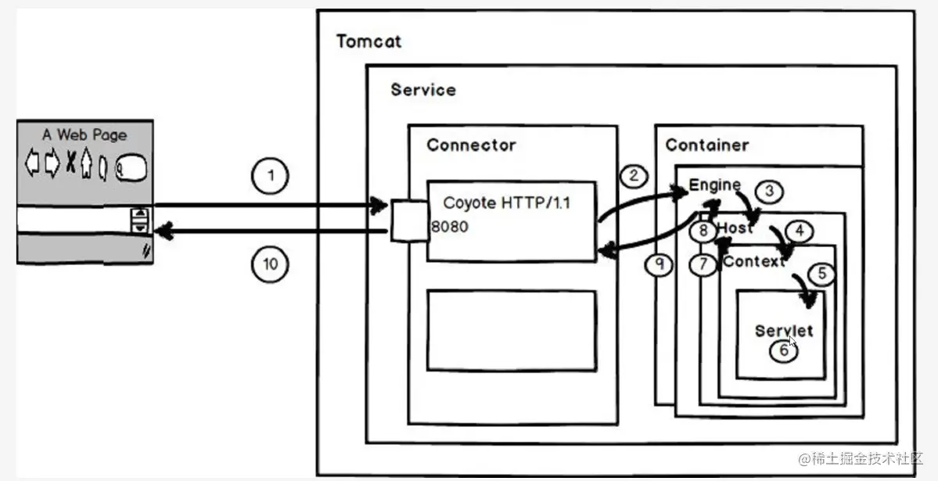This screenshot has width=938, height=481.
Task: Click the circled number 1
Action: [271, 176]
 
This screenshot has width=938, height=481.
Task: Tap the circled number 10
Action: [270, 264]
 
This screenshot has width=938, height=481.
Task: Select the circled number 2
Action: [634, 175]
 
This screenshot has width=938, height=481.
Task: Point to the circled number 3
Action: [769, 191]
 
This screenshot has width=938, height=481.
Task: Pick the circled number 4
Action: [799, 232]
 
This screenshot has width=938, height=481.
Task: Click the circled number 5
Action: [821, 274]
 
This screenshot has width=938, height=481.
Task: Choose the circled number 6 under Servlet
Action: [784, 350]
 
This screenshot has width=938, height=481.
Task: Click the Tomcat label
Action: [368, 41]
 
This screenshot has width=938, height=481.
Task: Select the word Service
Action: [423, 89]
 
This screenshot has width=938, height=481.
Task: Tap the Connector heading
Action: [471, 145]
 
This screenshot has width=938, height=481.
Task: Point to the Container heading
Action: [706, 145]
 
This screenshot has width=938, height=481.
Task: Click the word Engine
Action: [714, 185]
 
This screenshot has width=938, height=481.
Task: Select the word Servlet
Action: [784, 331]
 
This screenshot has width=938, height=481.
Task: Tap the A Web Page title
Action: [84, 135]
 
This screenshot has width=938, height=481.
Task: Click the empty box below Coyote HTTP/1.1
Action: [512, 330]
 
